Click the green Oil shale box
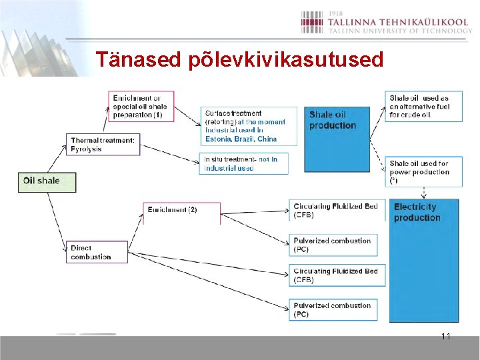(x=47, y=181)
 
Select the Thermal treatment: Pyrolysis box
(x=103, y=144)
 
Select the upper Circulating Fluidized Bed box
(x=337, y=211)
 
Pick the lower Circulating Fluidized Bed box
(x=337, y=275)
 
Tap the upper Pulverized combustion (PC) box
(x=337, y=245)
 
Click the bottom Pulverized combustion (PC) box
(x=337, y=309)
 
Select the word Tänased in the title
(x=138, y=60)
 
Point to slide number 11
(x=446, y=336)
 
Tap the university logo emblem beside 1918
(x=312, y=22)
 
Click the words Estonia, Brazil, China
(x=241, y=139)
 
